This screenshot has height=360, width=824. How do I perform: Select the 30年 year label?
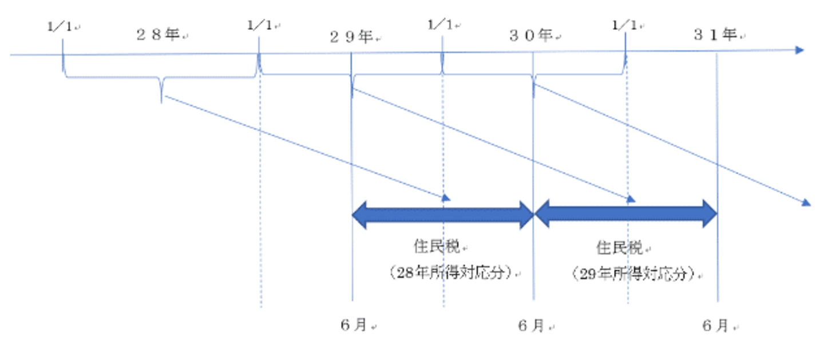(531, 35)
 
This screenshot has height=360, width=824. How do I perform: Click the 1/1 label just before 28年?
(60, 26)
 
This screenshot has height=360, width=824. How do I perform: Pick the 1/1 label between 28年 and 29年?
(260, 25)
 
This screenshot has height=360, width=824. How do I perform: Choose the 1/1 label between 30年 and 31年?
(625, 25)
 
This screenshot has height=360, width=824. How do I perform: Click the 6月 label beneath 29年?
(354, 325)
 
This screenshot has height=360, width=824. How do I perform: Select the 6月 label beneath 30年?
(532, 325)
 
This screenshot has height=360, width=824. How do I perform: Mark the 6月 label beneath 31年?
(716, 325)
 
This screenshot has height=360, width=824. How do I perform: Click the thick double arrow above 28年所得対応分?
(442, 215)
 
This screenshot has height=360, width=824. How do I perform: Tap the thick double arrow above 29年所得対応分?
(625, 215)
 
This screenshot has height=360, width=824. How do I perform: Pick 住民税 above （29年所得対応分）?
(620, 247)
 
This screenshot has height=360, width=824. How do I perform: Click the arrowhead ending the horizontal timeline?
(799, 50)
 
